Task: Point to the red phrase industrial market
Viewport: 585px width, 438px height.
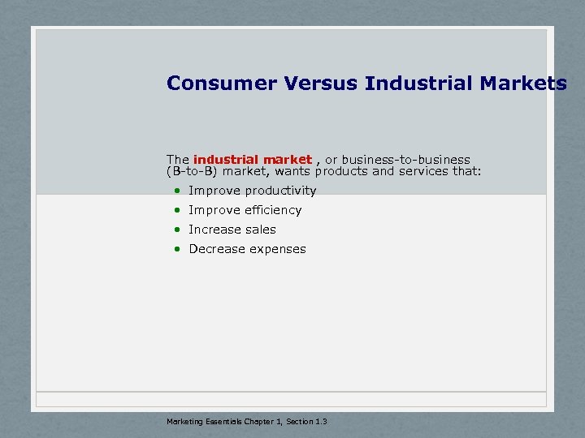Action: point(252,160)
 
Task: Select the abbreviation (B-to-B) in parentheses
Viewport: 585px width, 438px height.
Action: point(192,171)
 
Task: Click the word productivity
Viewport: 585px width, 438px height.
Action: point(280,191)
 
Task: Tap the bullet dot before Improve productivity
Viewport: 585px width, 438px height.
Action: point(176,191)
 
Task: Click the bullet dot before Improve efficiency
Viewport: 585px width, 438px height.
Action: point(176,210)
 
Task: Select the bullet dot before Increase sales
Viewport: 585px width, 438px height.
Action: point(176,230)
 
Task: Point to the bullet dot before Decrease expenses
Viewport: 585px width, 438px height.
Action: point(176,249)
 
